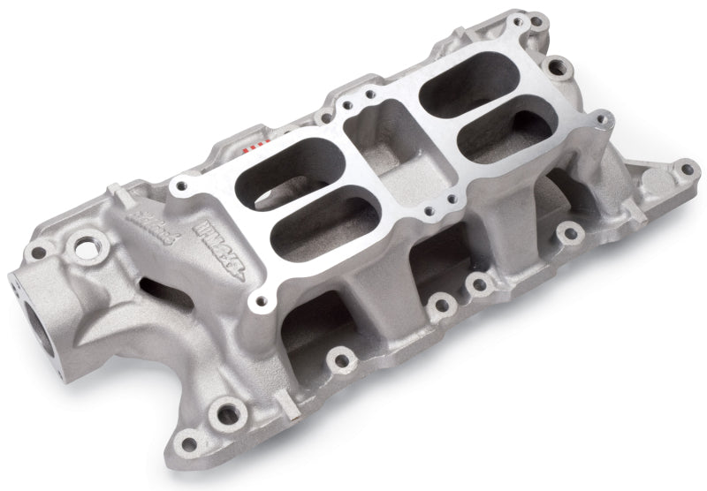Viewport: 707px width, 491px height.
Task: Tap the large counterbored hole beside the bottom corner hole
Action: coord(229,412)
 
